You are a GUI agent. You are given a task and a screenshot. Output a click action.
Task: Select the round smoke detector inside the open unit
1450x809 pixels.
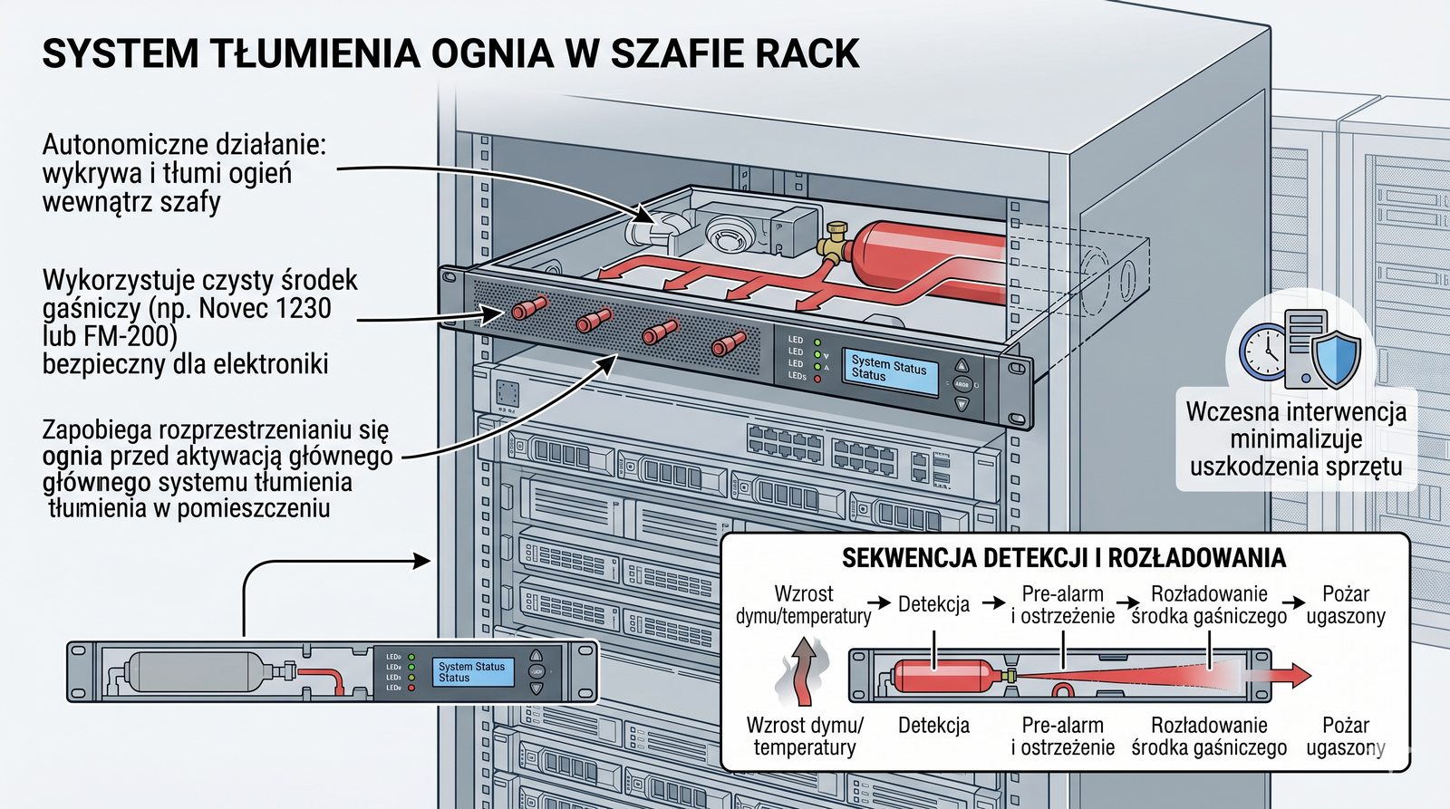pos(730,233)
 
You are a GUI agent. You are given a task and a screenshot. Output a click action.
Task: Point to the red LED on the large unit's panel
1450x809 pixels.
pos(817,378)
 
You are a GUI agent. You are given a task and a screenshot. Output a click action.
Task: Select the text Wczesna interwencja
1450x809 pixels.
pos(1296,411)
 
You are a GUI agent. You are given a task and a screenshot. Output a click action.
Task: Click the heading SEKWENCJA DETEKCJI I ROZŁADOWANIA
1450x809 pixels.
pos(1063,558)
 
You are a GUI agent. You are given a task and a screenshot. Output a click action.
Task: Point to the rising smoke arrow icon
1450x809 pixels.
pos(801,671)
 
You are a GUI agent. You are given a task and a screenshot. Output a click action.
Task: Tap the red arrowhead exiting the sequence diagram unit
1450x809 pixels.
pos(1299,675)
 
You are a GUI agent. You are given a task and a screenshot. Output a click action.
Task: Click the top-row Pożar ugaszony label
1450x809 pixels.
pos(1345,605)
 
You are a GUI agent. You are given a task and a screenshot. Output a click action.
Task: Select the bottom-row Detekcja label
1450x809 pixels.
pos(933,726)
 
